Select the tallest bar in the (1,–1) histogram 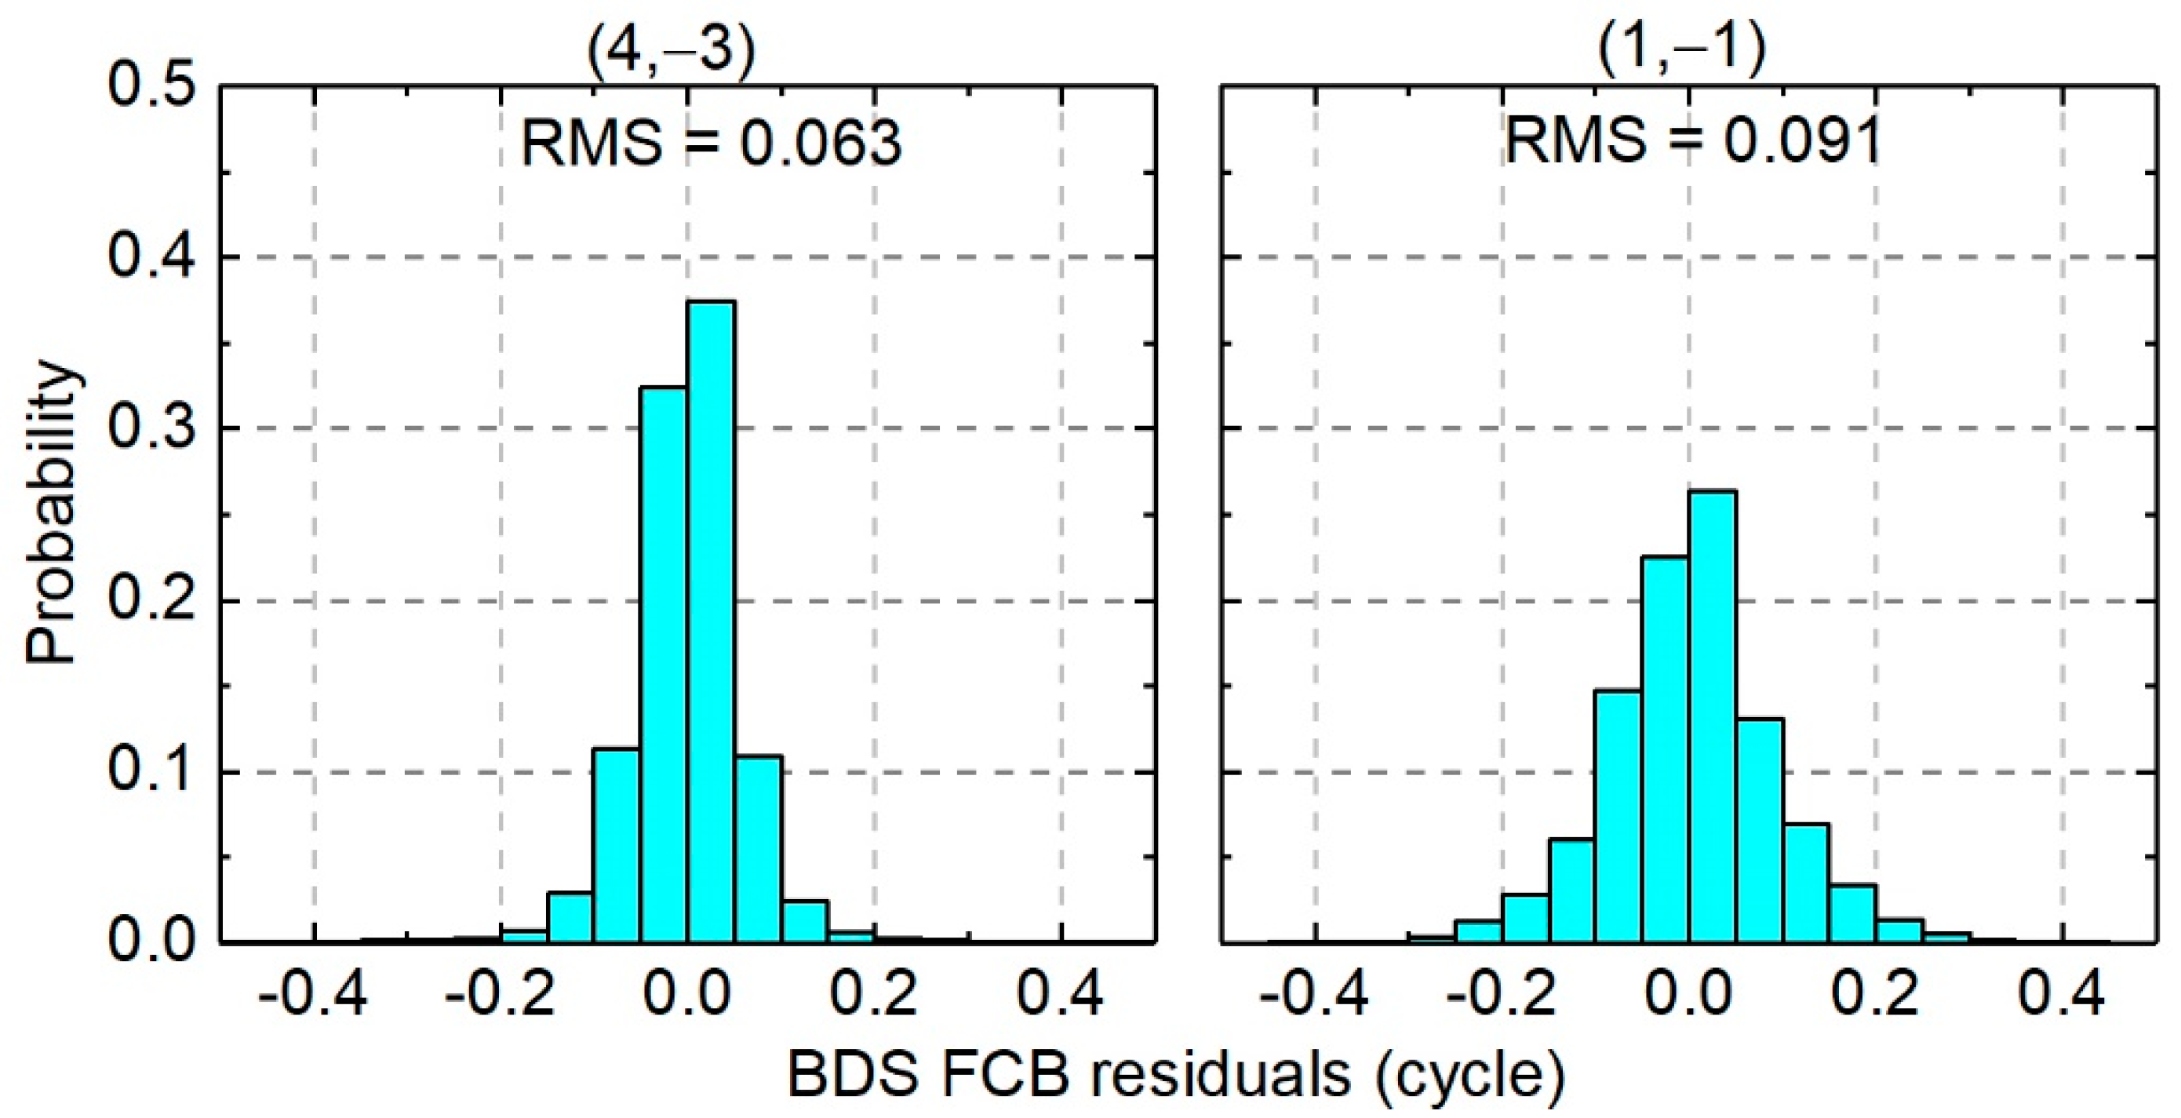(x=1712, y=716)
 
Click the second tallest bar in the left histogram (x=663, y=665)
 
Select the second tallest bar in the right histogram (x=1665, y=749)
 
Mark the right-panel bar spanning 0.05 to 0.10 (x=1760, y=830)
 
